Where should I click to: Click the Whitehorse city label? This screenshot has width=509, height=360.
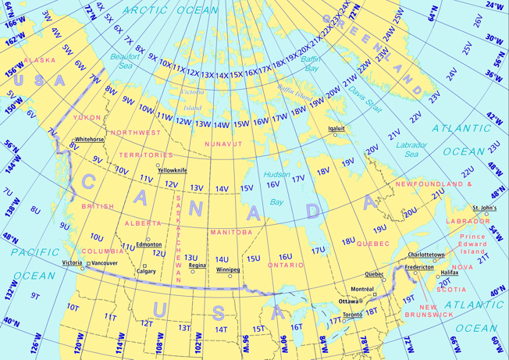click(90, 139)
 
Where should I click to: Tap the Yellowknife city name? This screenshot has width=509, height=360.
click(173, 170)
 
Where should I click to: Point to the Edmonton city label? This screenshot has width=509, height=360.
click(148, 244)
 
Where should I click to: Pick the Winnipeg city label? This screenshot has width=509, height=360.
click(228, 269)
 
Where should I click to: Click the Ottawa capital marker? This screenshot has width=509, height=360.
click(361, 301)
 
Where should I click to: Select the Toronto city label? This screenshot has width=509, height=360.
click(353, 314)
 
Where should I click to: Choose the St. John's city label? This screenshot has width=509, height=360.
click(484, 208)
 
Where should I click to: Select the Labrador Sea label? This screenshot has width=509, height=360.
click(411, 150)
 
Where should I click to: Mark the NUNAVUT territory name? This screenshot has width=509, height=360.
click(223, 144)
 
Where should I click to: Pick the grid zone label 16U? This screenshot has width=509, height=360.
click(286, 256)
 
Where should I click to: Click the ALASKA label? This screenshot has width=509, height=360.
click(39, 60)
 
